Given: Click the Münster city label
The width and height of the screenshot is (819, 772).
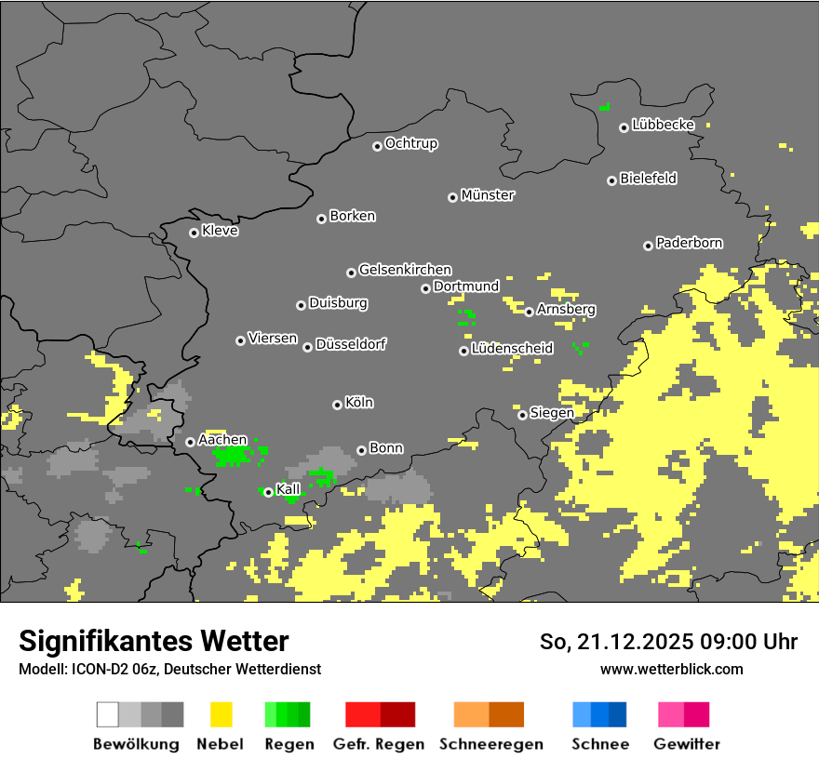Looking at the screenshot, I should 488,195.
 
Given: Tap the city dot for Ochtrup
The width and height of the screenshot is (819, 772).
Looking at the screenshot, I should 377,145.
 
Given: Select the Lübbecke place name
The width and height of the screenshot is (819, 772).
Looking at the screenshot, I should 664,125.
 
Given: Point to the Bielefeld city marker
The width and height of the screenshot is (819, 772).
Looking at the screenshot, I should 611,180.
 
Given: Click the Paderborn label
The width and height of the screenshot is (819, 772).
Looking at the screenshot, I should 690,243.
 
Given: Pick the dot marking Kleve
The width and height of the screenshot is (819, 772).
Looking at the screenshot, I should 194,233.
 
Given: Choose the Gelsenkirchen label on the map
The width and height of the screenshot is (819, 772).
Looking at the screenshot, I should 405,270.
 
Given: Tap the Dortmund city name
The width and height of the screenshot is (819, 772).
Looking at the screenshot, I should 466,286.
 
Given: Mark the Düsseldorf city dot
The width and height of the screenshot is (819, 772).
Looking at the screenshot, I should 307,347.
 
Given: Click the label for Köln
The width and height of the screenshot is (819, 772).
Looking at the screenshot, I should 359,403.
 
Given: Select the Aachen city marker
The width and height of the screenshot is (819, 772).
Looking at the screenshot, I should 190,442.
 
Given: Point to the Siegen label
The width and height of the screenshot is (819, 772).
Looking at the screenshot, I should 552,413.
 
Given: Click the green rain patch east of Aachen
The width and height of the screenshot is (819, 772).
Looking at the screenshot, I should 235,455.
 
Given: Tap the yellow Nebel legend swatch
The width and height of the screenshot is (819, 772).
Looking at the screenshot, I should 221,714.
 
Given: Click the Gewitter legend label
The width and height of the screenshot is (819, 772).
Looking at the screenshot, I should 687,744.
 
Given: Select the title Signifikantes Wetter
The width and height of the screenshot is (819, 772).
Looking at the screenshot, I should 154,641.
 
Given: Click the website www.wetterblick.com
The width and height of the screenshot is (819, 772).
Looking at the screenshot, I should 671,669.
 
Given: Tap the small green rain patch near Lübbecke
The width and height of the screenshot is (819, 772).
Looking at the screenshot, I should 604,107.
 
